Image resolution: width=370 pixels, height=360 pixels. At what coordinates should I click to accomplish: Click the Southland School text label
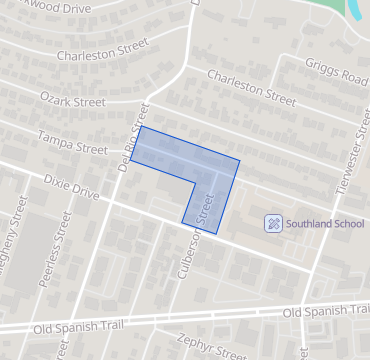click(x=325, y=223)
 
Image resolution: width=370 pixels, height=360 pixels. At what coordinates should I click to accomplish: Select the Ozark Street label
click(x=72, y=100)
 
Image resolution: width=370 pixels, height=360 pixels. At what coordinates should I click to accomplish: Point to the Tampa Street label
click(x=71, y=141)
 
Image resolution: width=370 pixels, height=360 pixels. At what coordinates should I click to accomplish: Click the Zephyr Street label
click(x=211, y=345)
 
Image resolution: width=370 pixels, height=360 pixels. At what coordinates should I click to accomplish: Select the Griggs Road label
click(x=334, y=76)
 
